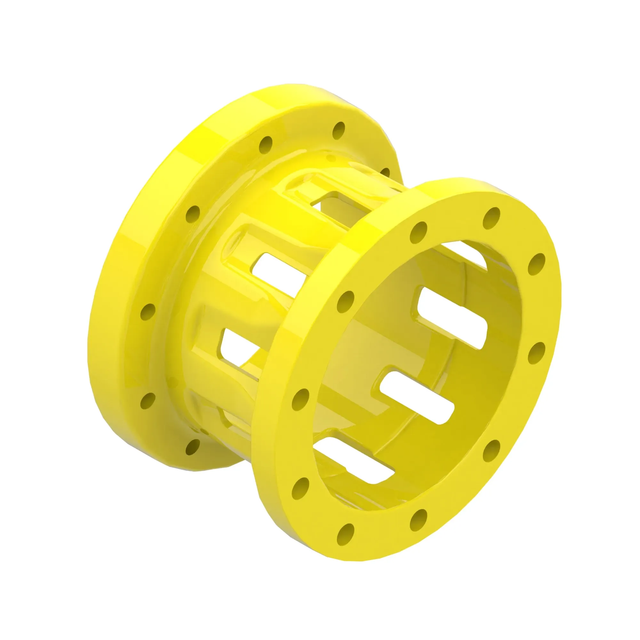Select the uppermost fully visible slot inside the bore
pos(452,317)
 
